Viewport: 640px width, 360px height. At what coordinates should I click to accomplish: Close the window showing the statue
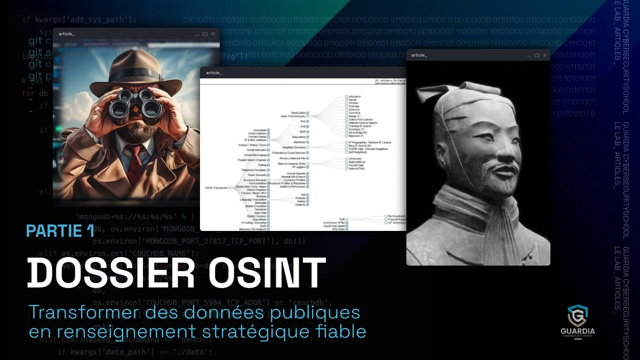pos(545,55)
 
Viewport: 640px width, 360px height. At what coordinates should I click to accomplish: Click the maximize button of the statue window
pos(537,55)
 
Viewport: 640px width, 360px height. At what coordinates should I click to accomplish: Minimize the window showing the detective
pos(197,34)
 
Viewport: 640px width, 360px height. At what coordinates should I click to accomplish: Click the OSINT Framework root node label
pos(216,188)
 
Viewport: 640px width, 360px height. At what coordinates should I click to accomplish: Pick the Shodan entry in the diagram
pos(354,103)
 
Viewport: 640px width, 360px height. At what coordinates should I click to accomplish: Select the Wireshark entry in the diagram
pos(356,158)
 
